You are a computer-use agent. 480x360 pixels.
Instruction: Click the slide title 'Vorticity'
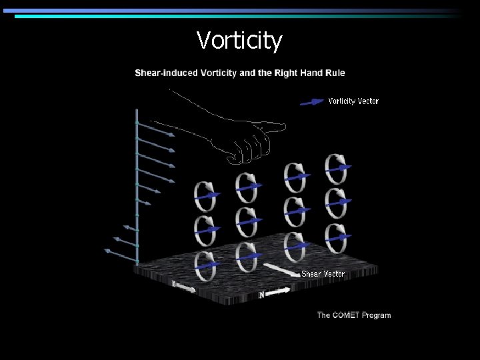coord(239,41)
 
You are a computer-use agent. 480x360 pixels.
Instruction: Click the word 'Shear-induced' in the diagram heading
coord(163,73)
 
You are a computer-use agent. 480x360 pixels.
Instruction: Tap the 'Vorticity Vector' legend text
coord(353,101)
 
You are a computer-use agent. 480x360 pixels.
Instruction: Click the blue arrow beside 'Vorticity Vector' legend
coord(312,102)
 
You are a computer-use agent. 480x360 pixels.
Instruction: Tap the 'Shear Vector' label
coord(323,274)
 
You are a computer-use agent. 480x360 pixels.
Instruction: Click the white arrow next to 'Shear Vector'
coord(279,271)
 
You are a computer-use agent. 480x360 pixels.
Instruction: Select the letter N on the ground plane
coord(261,294)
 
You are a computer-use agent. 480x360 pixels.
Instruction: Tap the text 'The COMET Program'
coord(354,315)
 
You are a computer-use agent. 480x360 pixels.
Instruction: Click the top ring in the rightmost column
coord(336,169)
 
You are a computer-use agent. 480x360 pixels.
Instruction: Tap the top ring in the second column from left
coord(247,186)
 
